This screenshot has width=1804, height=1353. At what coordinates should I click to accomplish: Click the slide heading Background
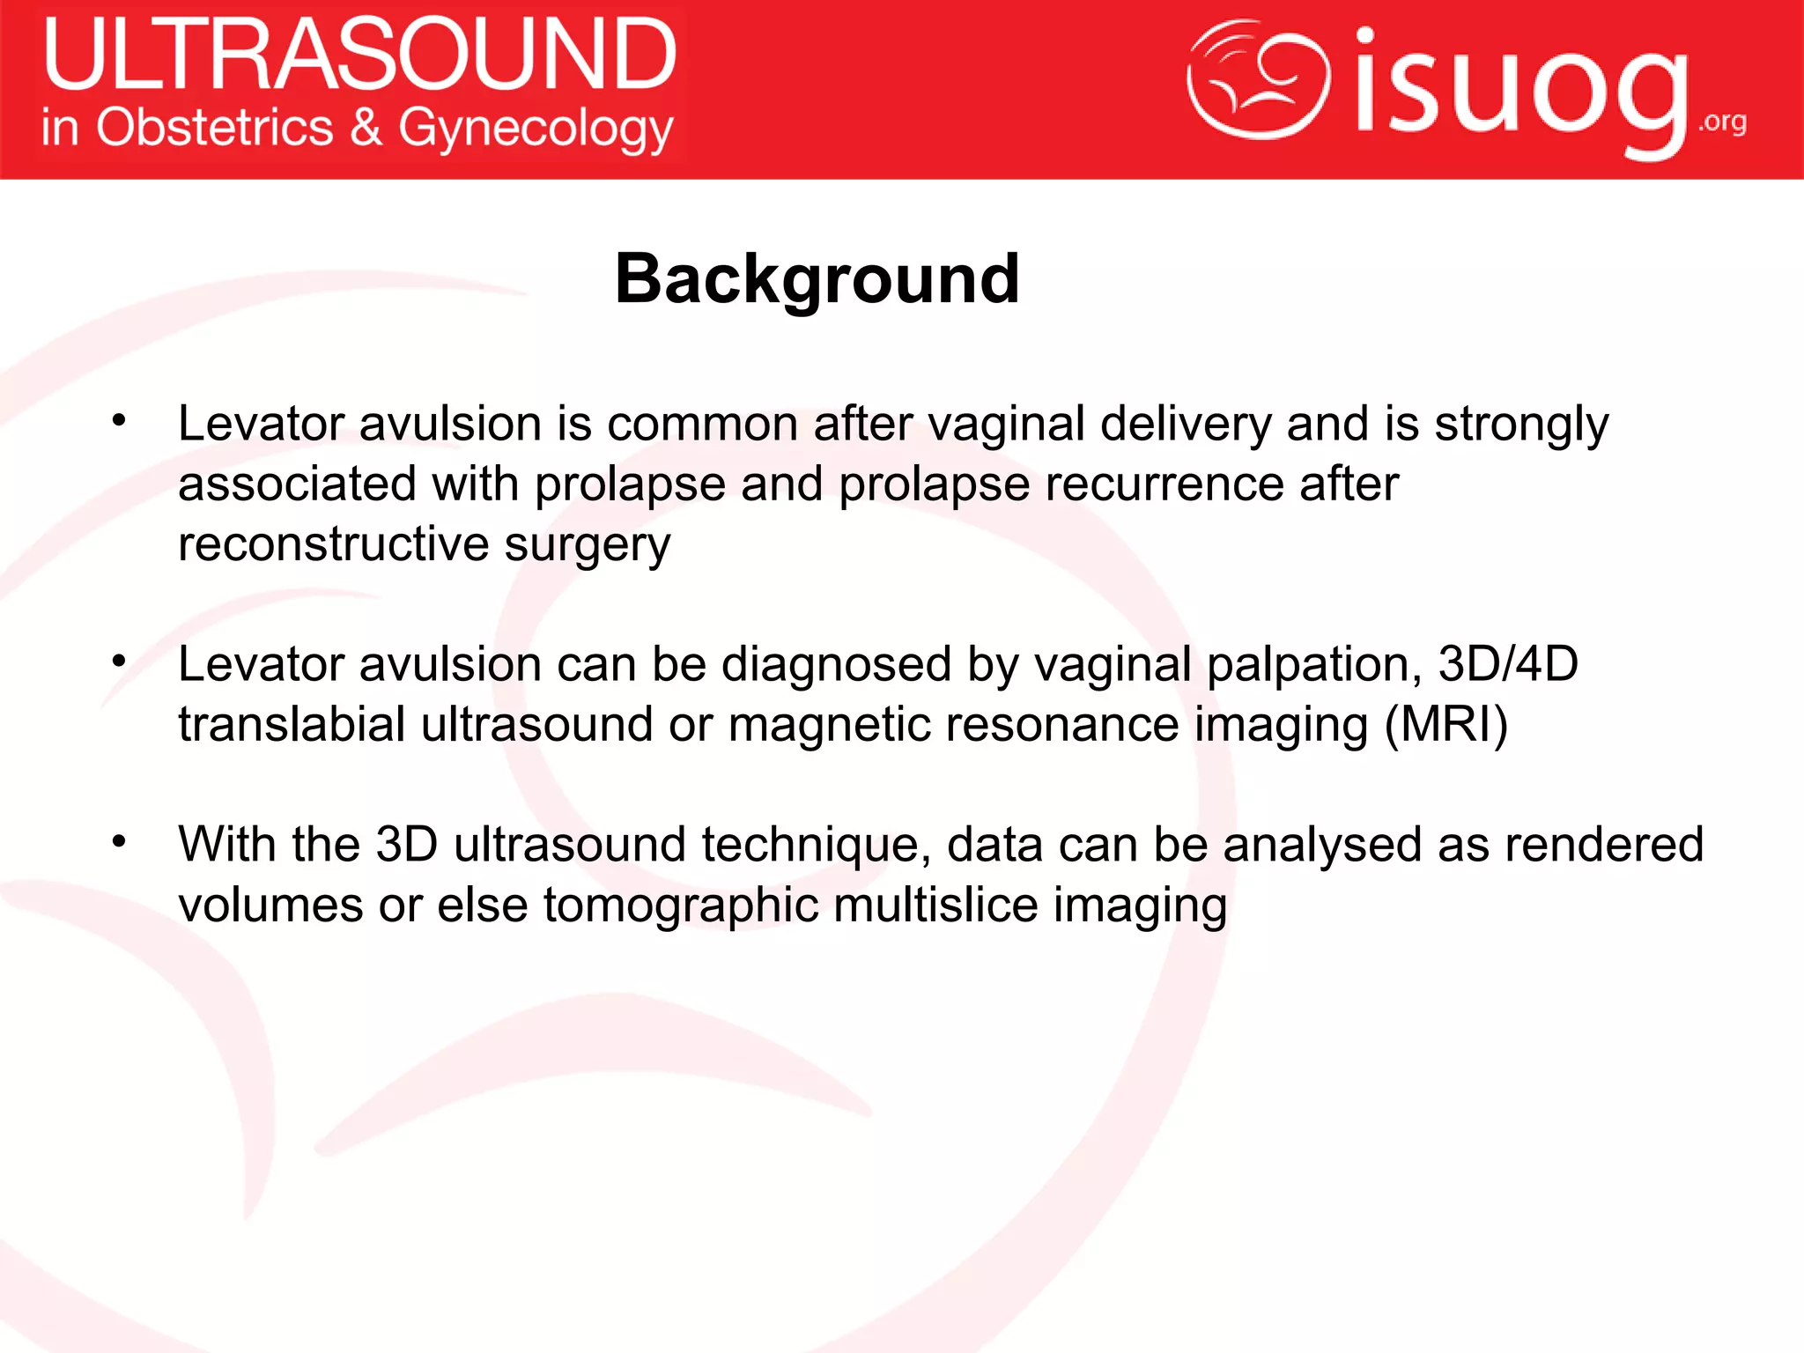pos(817,279)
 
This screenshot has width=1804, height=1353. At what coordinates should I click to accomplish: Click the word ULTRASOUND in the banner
pos(359,56)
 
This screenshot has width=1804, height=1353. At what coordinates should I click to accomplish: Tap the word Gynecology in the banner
pos(536,129)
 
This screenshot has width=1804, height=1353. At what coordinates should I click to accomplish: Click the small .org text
pos(1722,122)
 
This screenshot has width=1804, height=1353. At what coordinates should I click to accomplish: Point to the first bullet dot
pos(119,420)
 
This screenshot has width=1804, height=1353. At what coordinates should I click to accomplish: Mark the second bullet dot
pos(119,661)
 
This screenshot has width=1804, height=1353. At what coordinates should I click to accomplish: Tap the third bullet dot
pos(119,841)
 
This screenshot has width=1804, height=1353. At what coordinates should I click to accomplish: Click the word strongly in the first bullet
pos(1521,425)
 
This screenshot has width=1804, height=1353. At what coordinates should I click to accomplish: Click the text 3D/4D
pos(1507,664)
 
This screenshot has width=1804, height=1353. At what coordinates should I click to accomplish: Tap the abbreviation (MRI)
pos(1445,725)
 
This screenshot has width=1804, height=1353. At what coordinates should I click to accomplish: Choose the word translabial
pos(292,725)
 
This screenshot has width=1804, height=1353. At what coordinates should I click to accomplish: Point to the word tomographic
pos(680,906)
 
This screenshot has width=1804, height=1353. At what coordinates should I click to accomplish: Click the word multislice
pos(935,906)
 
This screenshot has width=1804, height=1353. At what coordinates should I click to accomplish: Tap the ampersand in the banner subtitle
pos(366,128)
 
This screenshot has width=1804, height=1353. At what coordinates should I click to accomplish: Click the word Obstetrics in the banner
pos(214,128)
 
